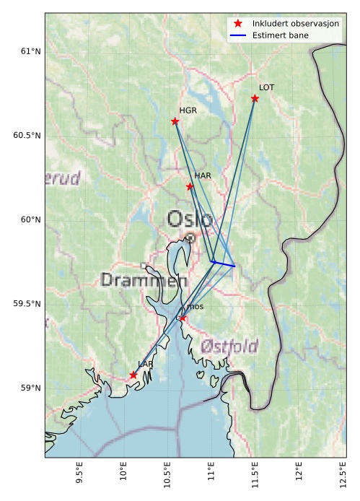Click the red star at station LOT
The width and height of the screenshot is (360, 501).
255,98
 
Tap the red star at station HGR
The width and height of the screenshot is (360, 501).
175,121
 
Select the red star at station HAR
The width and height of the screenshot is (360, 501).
190,186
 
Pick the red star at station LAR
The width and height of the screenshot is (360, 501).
133,375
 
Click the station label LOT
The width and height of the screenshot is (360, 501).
266,87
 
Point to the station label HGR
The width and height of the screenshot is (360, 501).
188,110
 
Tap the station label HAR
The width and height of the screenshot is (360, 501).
202,175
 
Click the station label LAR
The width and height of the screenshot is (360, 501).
145,365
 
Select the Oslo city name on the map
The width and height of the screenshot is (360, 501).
190,219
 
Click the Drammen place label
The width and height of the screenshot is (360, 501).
144,280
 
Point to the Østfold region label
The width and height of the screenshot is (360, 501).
230,346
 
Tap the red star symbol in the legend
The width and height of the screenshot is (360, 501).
238,23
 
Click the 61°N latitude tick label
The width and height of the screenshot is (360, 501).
30,51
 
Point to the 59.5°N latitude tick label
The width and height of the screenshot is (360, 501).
27,304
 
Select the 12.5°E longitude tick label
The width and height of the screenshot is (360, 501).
342,477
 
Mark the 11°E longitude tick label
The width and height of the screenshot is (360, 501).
211,477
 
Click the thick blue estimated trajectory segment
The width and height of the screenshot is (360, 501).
224,264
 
